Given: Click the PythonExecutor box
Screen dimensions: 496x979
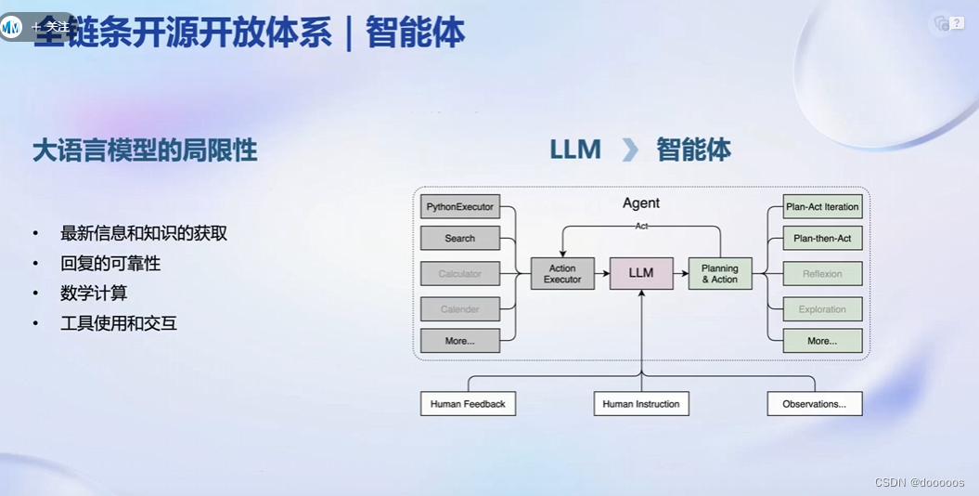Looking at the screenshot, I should [460, 206].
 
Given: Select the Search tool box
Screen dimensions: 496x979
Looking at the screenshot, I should [460, 239].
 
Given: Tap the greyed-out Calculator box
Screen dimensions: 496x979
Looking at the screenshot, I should [460, 274].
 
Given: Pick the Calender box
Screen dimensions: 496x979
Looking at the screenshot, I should [460, 309].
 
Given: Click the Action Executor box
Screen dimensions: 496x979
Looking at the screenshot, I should [562, 274].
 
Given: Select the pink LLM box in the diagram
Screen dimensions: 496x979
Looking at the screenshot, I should [641, 273].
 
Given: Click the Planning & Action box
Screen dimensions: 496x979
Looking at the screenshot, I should [720, 274].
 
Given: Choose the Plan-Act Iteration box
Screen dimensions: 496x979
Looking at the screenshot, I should [822, 206].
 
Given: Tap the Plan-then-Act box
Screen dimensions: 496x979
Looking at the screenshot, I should [822, 239].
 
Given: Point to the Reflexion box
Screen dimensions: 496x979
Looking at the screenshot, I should [822, 274].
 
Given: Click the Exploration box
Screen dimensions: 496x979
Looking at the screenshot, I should [822, 309].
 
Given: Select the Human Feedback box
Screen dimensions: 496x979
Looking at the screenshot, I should [468, 404].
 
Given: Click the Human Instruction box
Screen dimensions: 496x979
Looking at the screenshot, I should [641, 404].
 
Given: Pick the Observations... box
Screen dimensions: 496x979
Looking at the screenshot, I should [814, 404].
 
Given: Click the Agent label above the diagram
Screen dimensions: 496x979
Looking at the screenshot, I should [641, 202].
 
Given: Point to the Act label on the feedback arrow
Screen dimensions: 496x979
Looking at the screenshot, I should [641, 226].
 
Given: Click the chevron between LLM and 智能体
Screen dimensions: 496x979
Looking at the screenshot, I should [630, 150].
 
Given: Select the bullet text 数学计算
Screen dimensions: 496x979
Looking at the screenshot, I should [94, 294].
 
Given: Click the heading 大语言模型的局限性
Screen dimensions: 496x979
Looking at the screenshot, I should [145, 150].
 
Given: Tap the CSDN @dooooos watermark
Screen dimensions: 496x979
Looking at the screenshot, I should [919, 483].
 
